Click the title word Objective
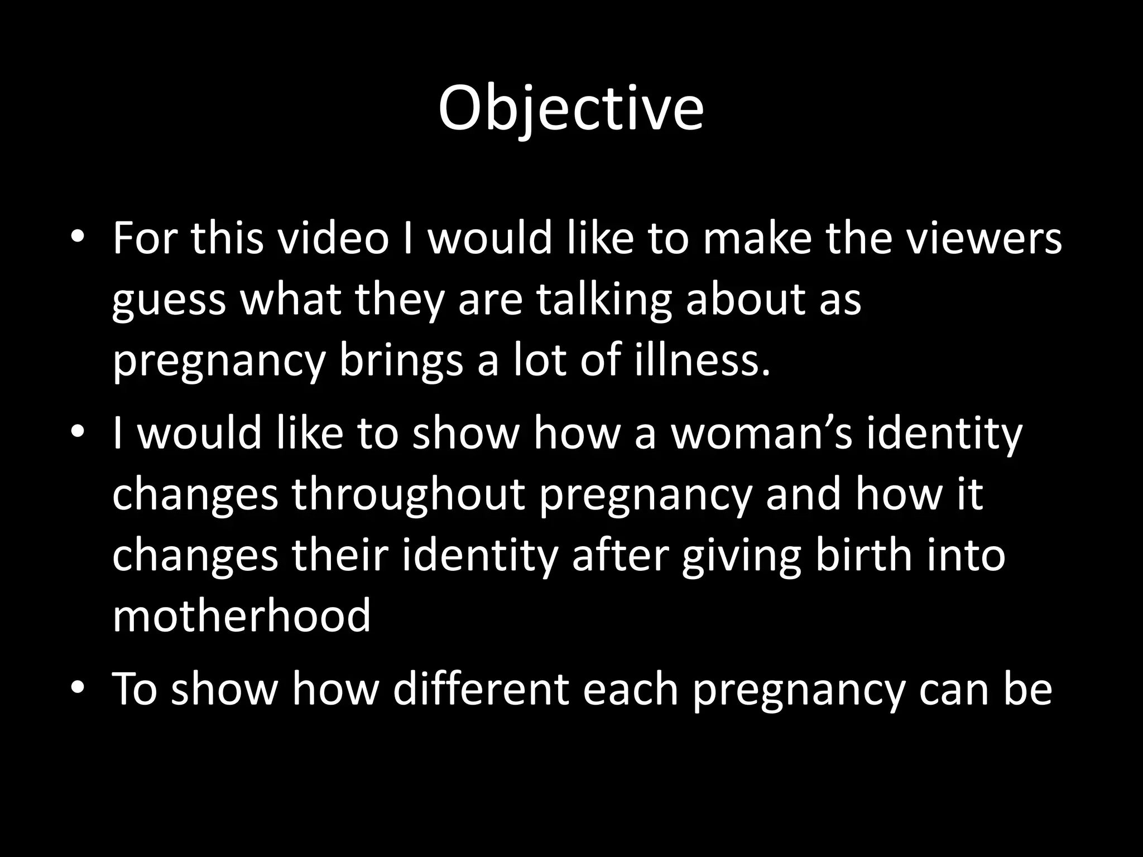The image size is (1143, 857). (570, 109)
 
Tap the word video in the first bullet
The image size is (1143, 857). (333, 238)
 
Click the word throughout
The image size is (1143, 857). (408, 495)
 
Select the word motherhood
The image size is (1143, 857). (242, 615)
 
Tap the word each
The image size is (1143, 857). (631, 689)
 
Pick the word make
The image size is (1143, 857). (757, 238)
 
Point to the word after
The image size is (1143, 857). (620, 555)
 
